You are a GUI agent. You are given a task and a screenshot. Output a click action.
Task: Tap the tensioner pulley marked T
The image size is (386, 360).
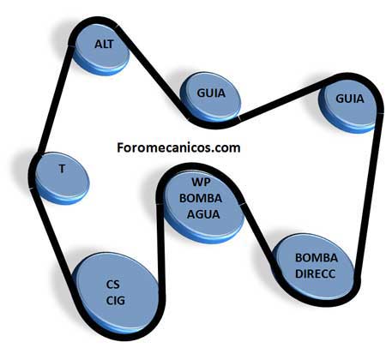click(62, 177)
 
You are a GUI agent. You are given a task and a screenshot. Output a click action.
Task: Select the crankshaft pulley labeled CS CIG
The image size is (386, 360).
click(117, 294)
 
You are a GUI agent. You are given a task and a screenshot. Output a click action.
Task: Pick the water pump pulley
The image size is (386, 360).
click(202, 205)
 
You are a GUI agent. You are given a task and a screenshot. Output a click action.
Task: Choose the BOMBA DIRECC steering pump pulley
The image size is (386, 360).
click(315, 268)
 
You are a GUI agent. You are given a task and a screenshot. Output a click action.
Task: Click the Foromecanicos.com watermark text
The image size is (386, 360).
click(178, 147)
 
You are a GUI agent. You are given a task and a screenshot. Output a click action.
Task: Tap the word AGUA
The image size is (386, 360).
click(203, 214)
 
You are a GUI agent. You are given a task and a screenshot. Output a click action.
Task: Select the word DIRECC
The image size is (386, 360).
click(315, 274)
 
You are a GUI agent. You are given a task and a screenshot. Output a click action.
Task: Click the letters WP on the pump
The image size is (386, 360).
click(202, 182)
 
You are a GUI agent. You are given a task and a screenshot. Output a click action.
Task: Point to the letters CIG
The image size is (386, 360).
click(116, 301)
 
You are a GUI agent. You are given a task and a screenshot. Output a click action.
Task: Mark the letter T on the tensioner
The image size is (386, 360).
click(62, 169)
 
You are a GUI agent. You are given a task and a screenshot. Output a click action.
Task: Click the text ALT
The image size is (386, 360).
click(104, 45)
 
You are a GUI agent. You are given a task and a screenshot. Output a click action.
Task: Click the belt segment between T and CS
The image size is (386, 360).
click(53, 233)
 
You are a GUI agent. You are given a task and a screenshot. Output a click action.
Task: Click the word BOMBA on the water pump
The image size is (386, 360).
click(201, 198)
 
